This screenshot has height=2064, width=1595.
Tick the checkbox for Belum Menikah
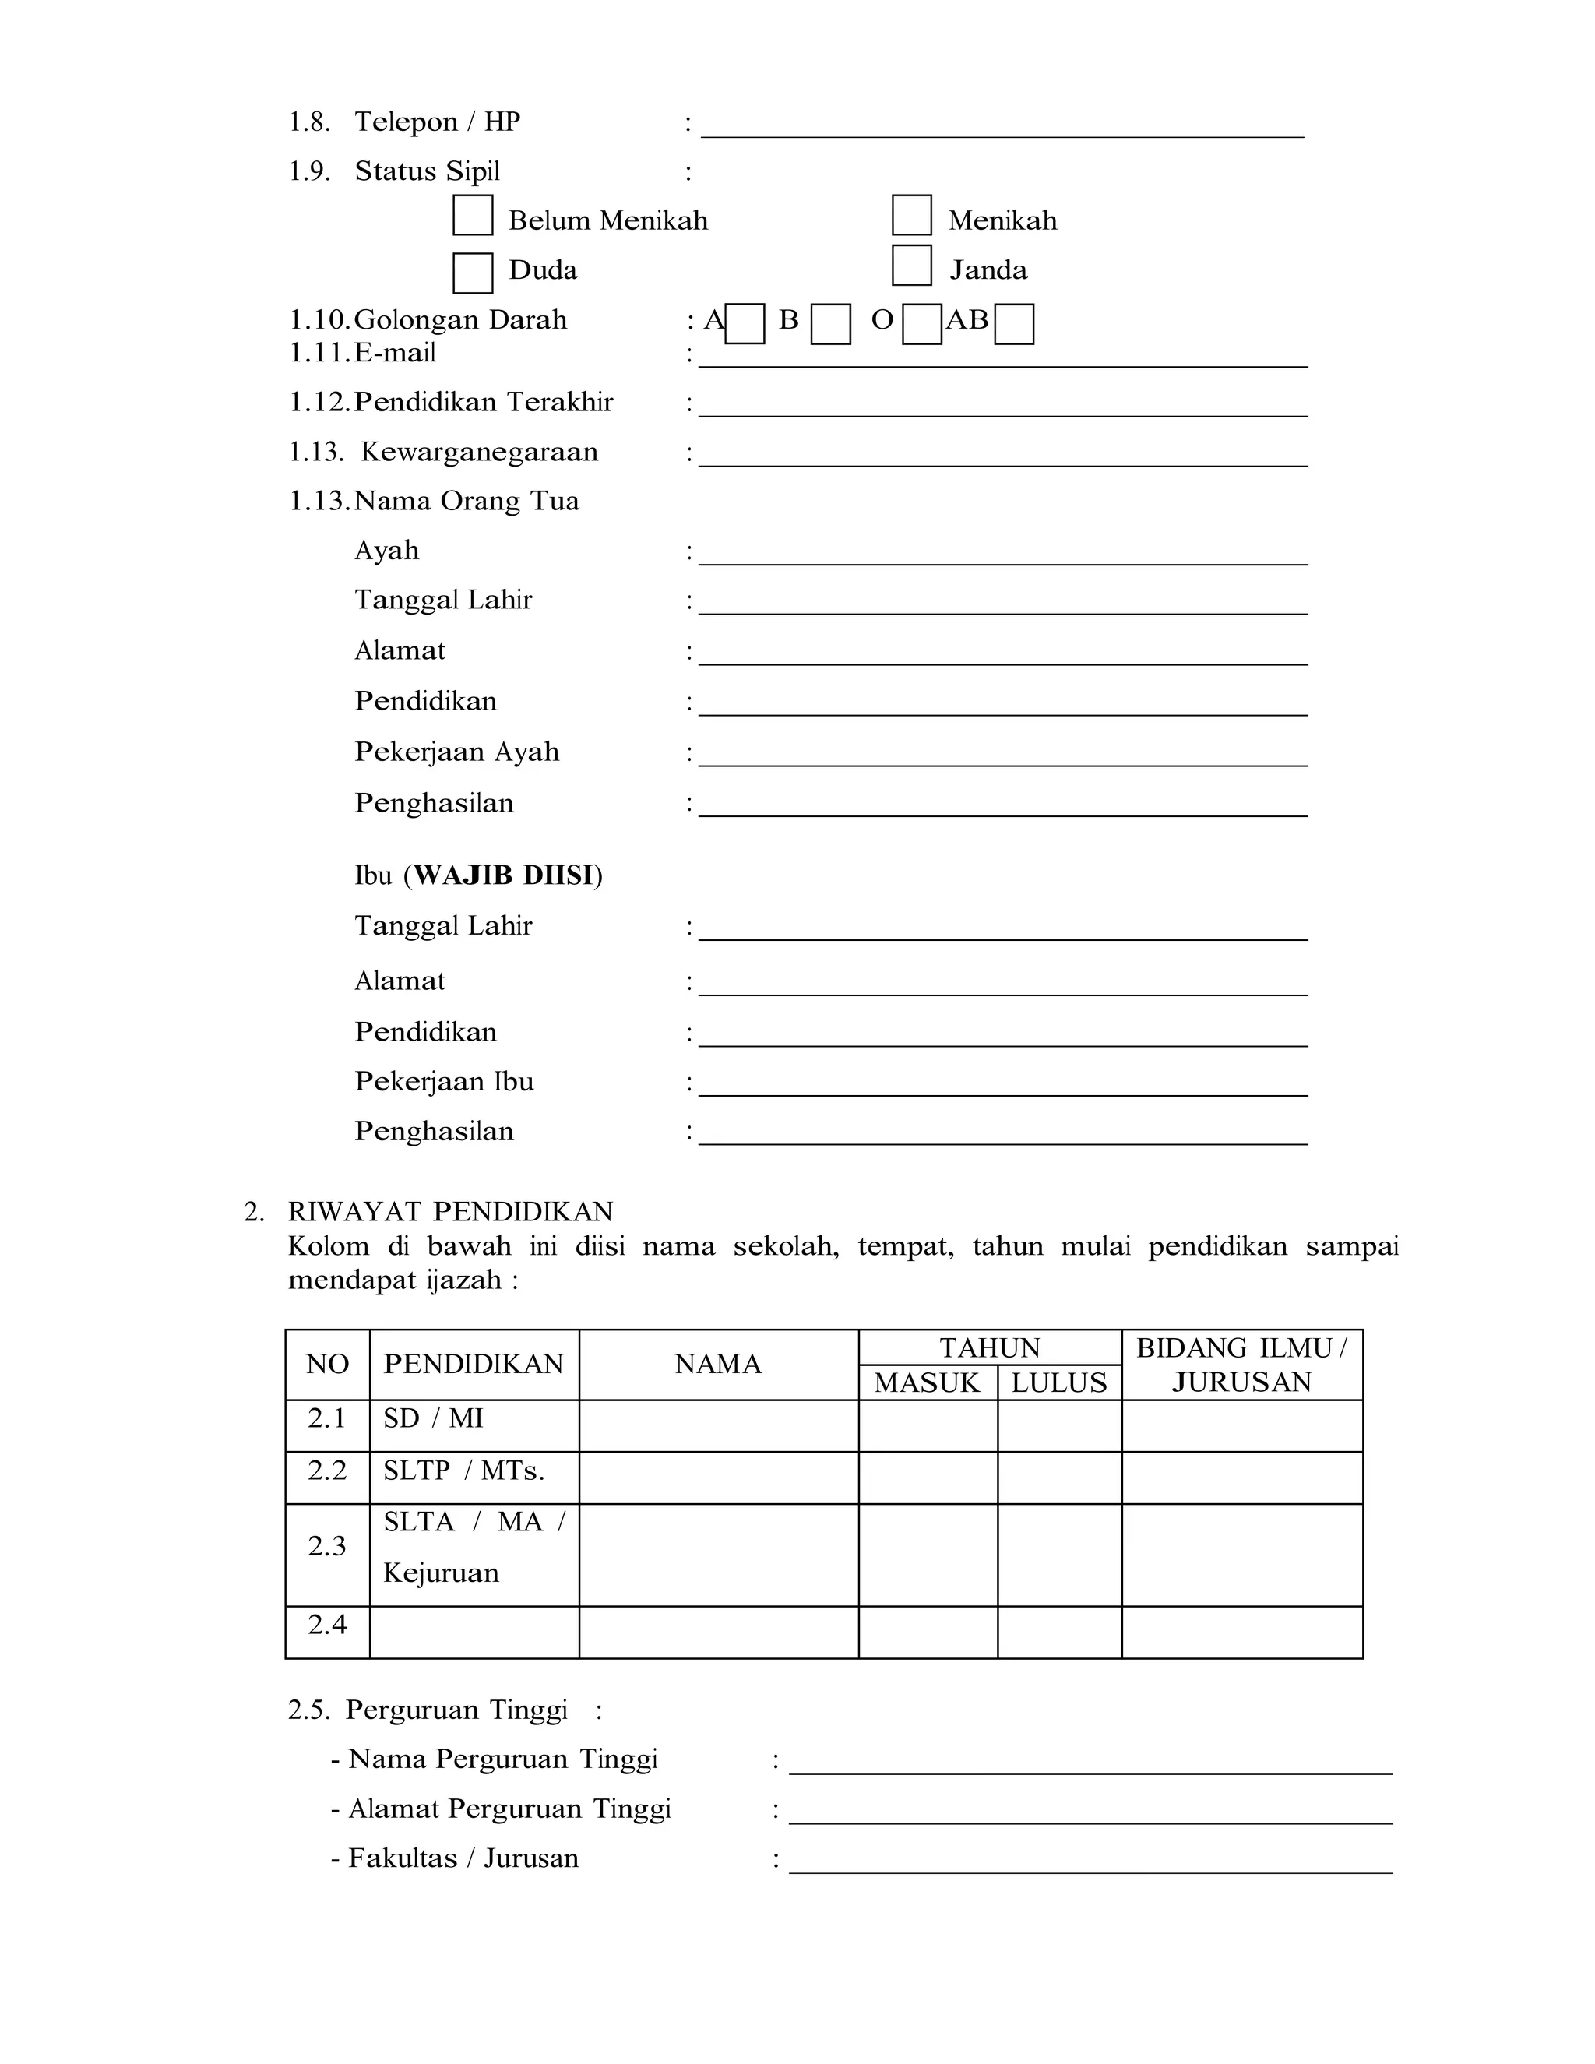pyautogui.click(x=473, y=216)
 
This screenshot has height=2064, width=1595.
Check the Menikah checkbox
pyautogui.click(x=912, y=216)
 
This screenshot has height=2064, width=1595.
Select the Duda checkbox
pyautogui.click(x=473, y=273)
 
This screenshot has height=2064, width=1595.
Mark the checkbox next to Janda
pyautogui.click(x=912, y=266)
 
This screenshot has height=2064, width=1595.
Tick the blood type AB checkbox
pyautogui.click(x=1014, y=324)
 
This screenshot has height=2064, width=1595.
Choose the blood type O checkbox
pyautogui.click(x=921, y=324)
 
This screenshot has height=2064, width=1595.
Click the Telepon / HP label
pyautogui.click(x=437, y=122)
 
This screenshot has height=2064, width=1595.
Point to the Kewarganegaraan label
pyautogui.click(x=479, y=452)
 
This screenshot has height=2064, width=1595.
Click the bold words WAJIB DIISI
pyautogui.click(x=505, y=875)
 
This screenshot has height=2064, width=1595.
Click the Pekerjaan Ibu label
pyautogui.click(x=444, y=1081)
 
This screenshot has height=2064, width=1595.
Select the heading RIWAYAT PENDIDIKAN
pyautogui.click(x=451, y=1212)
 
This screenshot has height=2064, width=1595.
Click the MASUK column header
pyautogui.click(x=927, y=1382)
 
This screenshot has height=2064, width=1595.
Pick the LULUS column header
pyautogui.click(x=1058, y=1382)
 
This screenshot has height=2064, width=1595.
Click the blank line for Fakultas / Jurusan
pyautogui.click(x=1090, y=1863)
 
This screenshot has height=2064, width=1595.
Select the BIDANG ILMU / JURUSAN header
pyautogui.click(x=1241, y=1365)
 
